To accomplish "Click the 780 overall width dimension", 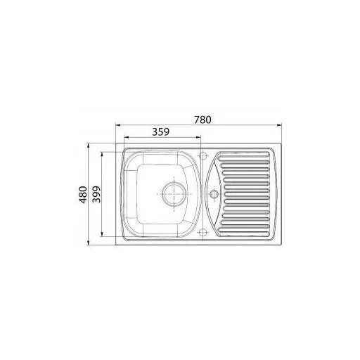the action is point(202,120).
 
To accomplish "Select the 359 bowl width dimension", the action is point(161,132).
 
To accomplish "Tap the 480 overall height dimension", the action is point(83,195).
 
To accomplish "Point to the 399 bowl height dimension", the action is point(96,194).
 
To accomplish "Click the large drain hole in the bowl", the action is point(174,194).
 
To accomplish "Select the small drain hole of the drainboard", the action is point(214,194).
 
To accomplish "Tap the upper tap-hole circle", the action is point(202,155).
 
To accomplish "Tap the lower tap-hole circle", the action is point(202,233).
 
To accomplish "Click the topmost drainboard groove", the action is point(244,155).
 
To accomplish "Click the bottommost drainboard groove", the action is point(244,233).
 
